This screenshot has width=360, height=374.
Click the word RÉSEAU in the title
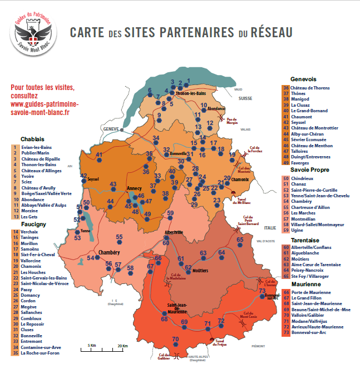270,33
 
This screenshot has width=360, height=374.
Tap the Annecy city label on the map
135,188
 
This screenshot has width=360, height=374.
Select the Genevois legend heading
303,79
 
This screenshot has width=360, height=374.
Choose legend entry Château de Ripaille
40,159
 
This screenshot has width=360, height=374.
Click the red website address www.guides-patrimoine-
45,103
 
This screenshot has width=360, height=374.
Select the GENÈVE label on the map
112,128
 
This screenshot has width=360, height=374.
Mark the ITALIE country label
270,228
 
